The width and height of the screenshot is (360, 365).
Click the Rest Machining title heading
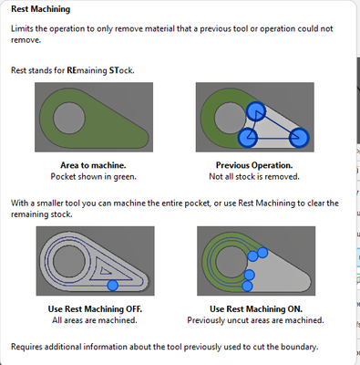tap(40, 9)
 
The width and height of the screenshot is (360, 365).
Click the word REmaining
tap(87, 70)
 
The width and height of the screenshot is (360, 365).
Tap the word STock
tap(121, 70)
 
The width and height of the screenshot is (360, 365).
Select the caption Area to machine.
tap(93, 165)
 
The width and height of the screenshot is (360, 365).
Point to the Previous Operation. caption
tap(254, 165)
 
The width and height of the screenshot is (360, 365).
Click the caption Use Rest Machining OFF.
tap(95, 309)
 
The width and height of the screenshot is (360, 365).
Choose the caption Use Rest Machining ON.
tap(256, 309)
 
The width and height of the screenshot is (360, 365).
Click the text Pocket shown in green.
tap(94, 177)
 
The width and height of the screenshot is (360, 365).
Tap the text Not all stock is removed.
tap(254, 177)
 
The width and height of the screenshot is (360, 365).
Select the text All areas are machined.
tap(95, 320)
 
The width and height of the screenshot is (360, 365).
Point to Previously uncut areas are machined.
tap(255, 320)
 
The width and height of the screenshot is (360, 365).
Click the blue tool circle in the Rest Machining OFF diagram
tap(113, 286)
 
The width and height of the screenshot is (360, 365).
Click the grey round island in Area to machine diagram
tap(69, 118)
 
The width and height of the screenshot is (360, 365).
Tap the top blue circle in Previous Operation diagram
tap(256, 111)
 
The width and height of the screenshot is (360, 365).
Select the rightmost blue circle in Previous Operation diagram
tap(299, 138)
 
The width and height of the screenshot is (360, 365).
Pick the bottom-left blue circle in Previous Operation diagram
tap(248, 138)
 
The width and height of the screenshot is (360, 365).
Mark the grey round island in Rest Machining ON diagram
tap(231, 262)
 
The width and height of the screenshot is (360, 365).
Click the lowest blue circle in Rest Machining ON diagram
tap(247, 287)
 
